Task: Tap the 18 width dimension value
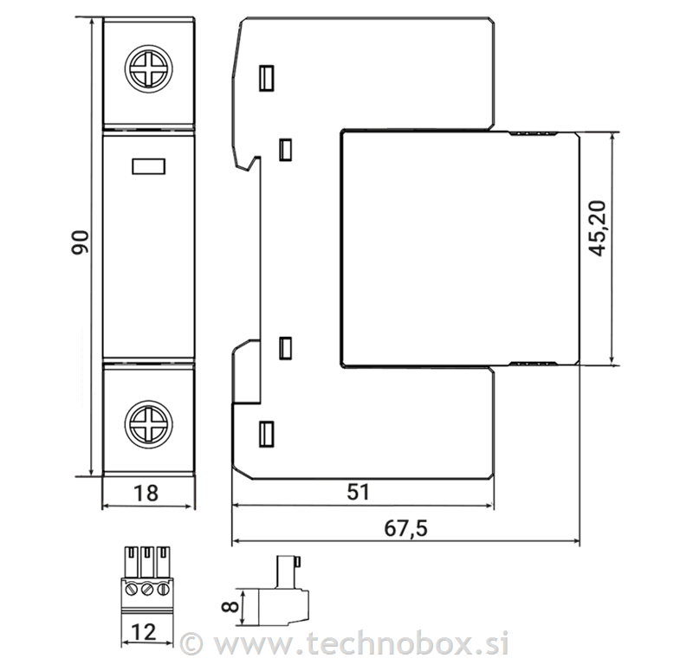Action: pyautogui.click(x=147, y=494)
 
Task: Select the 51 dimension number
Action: pyautogui.click(x=359, y=493)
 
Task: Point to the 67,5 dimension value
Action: pyautogui.click(x=404, y=527)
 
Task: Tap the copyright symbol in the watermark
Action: pyautogui.click(x=191, y=643)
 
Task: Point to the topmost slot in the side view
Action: pyautogui.click(x=267, y=78)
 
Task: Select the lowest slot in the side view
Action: pyautogui.click(x=267, y=432)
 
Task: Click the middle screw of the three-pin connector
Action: pyautogui.click(x=146, y=589)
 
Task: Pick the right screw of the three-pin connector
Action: pyautogui.click(x=160, y=589)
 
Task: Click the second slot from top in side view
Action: pyautogui.click(x=284, y=150)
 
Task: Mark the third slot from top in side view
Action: pyautogui.click(x=284, y=349)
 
